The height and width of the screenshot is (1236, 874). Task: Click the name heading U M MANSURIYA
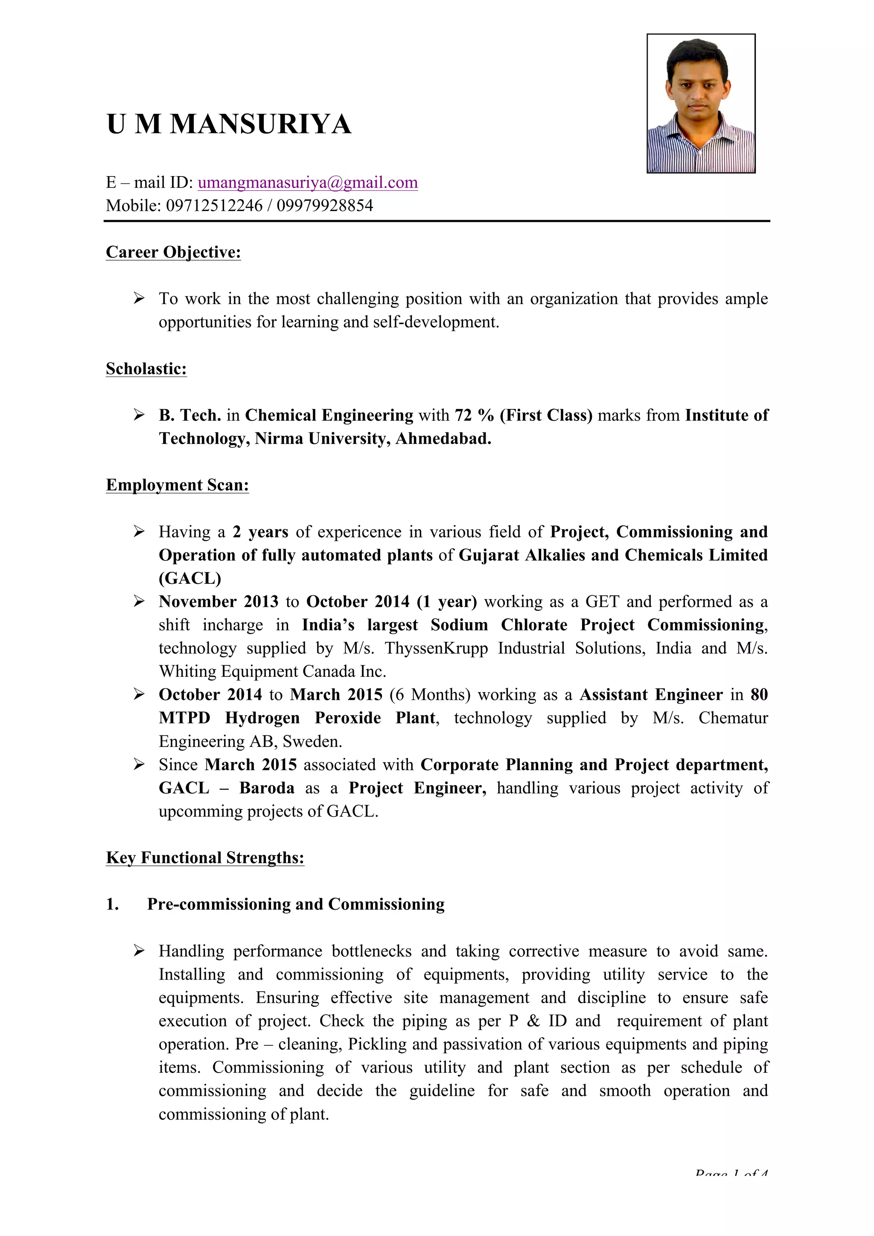coord(229,125)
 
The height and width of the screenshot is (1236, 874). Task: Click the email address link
coord(308,183)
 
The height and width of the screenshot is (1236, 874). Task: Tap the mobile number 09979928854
coord(325,206)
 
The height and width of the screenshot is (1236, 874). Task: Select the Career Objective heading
coord(173,252)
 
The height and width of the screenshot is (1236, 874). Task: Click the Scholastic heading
coord(146,369)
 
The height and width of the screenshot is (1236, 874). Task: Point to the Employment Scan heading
coord(177,485)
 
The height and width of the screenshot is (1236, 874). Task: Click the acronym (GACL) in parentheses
coord(189,578)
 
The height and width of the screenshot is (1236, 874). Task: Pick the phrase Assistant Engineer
coord(650,694)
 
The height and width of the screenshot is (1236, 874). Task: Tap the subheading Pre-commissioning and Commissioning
coord(296,904)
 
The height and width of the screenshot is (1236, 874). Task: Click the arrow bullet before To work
coord(139,298)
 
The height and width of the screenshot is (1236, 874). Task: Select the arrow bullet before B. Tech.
coord(139,415)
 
